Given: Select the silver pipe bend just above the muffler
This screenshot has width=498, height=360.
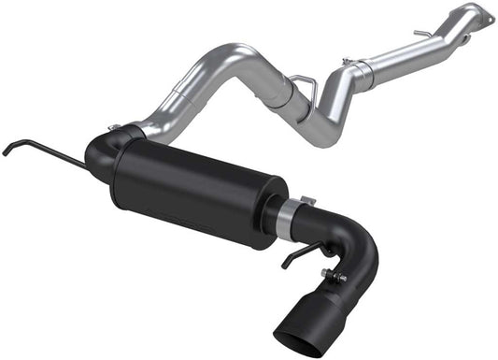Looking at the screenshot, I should [x=178, y=103].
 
